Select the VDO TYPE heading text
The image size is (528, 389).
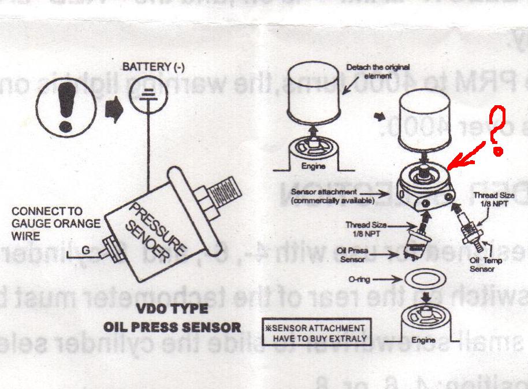[x=172, y=309]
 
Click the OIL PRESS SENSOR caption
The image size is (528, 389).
[x=172, y=327]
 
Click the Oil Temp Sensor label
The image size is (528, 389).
[x=486, y=265]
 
